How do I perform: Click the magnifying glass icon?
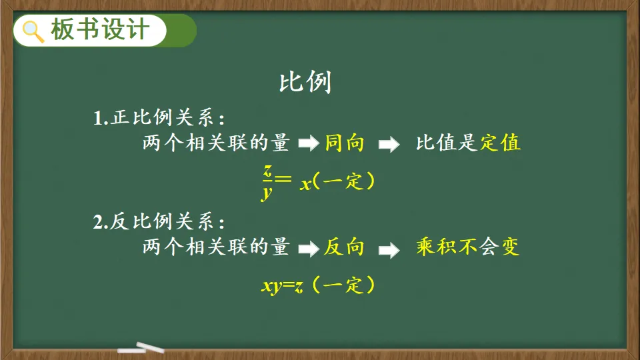pyautogui.click(x=33, y=31)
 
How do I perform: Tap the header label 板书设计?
pyautogui.click(x=100, y=30)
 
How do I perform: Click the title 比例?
pyautogui.click(x=305, y=82)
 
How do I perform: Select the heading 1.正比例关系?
pyautogui.click(x=159, y=118)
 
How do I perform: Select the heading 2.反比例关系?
pyautogui.click(x=159, y=221)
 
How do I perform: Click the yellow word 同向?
pyautogui.click(x=344, y=143)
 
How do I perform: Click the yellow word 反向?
pyautogui.click(x=344, y=247)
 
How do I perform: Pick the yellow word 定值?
pyautogui.click(x=501, y=143)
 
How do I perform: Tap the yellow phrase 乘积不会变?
pyautogui.click(x=468, y=247)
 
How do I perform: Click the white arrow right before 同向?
pyautogui.click(x=309, y=143)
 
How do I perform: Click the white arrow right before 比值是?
pyautogui.click(x=389, y=144)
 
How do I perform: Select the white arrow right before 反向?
pyautogui.click(x=309, y=249)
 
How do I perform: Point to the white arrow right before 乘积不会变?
pyautogui.click(x=389, y=250)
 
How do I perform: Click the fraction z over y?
pyautogui.click(x=267, y=182)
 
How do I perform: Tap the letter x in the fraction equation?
pyautogui.click(x=306, y=184)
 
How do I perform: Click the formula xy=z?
pyautogui.click(x=282, y=286)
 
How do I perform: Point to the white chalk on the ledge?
pyautogui.click(x=141, y=348)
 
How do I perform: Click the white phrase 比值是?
pyautogui.click(x=447, y=143)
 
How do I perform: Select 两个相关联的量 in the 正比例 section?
pyautogui.click(x=216, y=143)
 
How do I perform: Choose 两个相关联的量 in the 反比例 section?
pyautogui.click(x=216, y=247)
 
